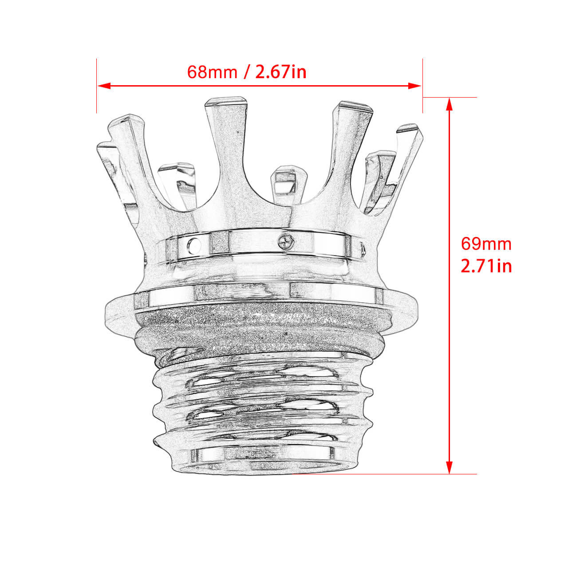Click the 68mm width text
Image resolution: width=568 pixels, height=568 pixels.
(212, 72)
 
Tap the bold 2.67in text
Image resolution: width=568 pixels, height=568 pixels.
(281, 72)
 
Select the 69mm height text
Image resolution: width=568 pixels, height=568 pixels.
(486, 244)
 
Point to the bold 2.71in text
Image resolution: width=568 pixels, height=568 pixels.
(486, 266)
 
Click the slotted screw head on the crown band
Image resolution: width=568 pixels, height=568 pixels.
(285, 241)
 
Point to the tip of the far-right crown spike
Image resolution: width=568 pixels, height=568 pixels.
(407, 129)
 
